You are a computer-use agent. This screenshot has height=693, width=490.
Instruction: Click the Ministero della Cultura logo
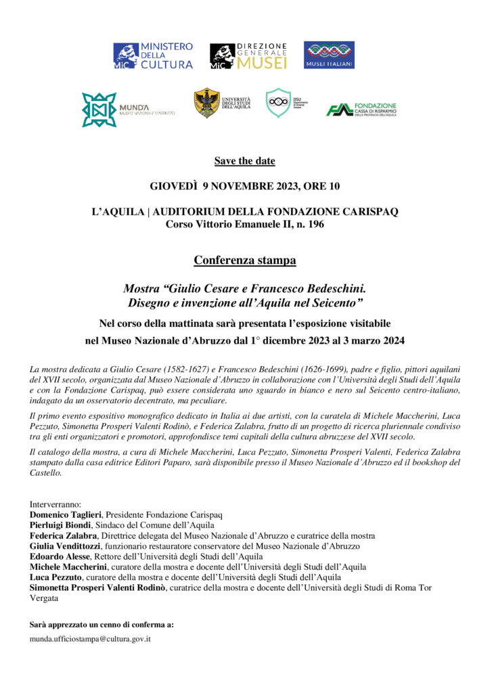[x=153, y=55]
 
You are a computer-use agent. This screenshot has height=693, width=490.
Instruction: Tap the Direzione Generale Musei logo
[x=248, y=55]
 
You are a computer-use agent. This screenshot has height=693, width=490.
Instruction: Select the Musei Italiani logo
[x=329, y=55]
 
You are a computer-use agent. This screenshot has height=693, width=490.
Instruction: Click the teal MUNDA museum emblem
[x=99, y=110]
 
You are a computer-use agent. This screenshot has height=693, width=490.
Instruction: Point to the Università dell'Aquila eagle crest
[x=206, y=103]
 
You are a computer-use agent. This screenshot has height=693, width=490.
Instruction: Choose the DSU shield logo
[x=277, y=103]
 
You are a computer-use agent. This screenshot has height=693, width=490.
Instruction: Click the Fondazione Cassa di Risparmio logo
[x=361, y=110]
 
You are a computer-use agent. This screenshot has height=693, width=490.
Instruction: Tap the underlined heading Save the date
[x=245, y=161]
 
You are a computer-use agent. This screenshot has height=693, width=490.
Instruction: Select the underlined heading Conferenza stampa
[x=245, y=260]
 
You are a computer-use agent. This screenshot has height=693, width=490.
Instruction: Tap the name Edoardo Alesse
[x=58, y=556]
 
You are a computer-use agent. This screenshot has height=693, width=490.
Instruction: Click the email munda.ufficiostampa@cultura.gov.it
[x=91, y=638]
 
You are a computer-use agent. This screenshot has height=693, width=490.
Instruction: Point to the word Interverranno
[x=55, y=505]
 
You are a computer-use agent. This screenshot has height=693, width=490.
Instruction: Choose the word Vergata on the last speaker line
[x=44, y=598]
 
